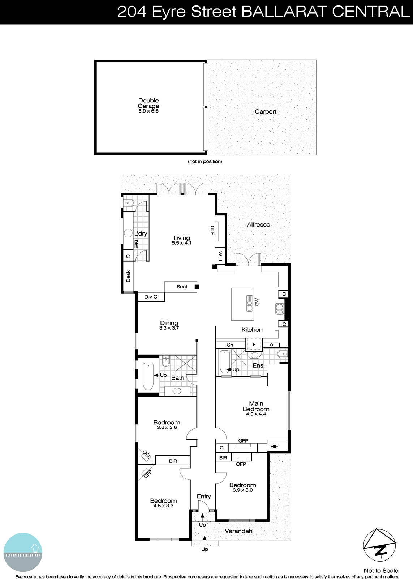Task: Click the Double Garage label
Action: (149, 103)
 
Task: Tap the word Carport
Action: (266, 111)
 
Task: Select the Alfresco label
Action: (258, 224)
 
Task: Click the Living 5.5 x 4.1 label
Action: (181, 240)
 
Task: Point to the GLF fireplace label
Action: (212, 231)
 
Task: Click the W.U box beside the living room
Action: (220, 256)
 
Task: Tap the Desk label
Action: (128, 276)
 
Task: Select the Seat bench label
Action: (182, 287)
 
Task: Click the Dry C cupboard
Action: (151, 297)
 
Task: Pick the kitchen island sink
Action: (249, 303)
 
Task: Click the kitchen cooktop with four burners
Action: (279, 308)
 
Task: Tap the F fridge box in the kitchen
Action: (254, 345)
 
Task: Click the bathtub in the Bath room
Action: (148, 376)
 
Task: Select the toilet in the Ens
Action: (282, 354)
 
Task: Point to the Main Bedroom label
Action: (256, 408)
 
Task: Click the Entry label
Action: (204, 496)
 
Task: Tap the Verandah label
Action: (238, 531)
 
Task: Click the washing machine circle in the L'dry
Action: (128, 233)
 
